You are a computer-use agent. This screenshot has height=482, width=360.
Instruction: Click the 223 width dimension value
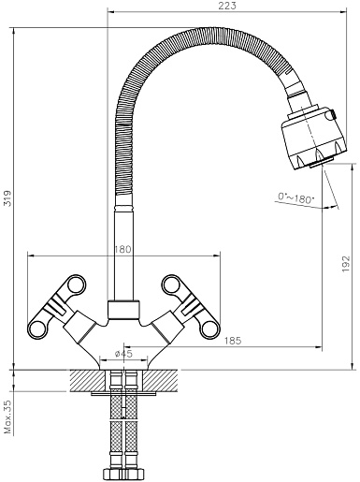click(227, 6)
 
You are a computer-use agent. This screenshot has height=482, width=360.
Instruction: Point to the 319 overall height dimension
click(7, 198)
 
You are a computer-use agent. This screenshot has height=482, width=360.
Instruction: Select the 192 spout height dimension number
click(346, 264)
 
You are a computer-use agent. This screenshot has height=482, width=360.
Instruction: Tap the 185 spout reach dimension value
click(233, 341)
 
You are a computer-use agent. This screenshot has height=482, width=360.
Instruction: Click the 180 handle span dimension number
click(122, 250)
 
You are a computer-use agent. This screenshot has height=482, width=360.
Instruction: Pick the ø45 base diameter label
click(123, 354)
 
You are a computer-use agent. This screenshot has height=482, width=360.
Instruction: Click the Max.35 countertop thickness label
click(7, 416)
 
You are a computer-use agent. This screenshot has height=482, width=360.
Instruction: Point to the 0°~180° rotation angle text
click(296, 198)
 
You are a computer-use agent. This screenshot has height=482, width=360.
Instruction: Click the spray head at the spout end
click(313, 138)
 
